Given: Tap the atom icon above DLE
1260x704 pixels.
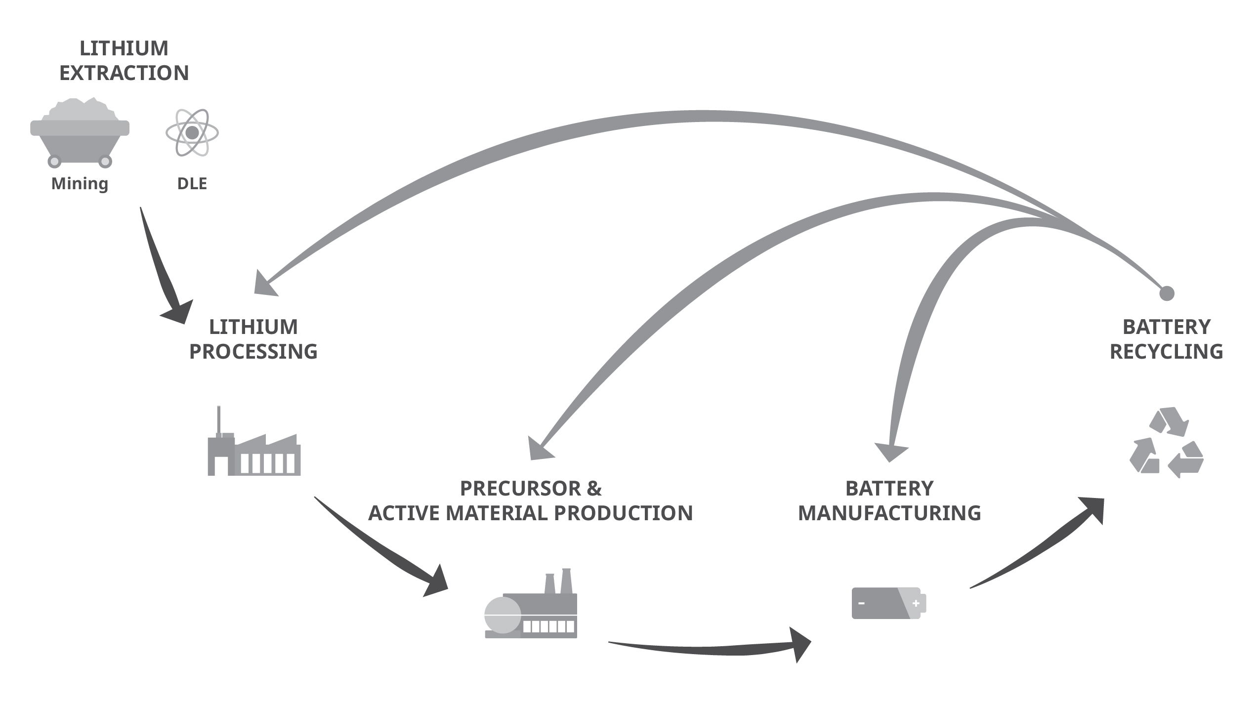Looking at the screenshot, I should click(192, 133).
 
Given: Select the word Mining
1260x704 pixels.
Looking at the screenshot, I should click(80, 183).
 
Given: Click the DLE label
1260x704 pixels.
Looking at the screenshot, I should click(192, 184).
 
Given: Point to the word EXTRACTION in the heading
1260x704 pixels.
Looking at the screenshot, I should click(124, 73).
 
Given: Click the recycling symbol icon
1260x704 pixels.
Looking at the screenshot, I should click(1167, 443).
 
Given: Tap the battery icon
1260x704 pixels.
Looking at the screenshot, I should click(888, 603).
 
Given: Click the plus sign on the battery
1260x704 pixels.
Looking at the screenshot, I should click(916, 603).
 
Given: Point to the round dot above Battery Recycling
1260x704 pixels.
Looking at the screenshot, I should click(1167, 293).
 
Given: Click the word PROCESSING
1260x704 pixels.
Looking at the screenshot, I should click(253, 352).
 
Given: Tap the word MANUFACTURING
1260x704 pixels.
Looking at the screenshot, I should click(889, 513).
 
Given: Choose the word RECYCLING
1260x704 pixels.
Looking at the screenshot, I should click(1166, 352).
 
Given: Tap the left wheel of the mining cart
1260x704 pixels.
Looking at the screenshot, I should click(54, 161).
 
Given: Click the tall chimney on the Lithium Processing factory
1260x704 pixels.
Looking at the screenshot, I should click(218, 420).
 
